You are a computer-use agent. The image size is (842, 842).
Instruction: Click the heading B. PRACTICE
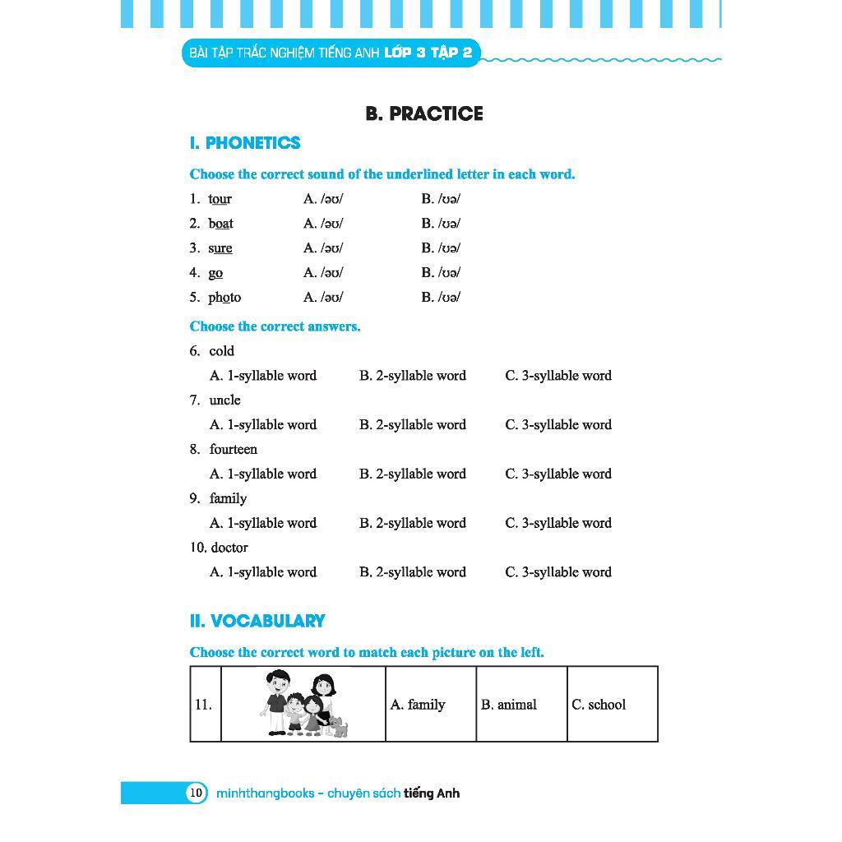[x=423, y=113]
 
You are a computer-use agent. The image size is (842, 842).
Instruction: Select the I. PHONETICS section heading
[x=245, y=143]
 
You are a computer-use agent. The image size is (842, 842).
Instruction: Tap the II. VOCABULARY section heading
[x=257, y=621]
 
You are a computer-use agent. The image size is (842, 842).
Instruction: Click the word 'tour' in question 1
[x=220, y=199]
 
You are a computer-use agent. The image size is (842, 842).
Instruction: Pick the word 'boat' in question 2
[x=220, y=224]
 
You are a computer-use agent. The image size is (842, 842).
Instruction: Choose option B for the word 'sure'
[x=441, y=248]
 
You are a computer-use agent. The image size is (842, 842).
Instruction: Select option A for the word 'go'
[x=323, y=273]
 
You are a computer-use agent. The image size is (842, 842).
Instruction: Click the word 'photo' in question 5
[x=224, y=298]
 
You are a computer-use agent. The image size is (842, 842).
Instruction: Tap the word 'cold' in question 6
[x=222, y=351]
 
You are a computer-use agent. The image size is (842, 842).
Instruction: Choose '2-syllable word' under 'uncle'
[x=412, y=425]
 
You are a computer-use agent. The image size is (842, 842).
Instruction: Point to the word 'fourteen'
[x=234, y=450]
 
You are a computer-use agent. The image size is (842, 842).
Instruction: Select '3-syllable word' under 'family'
[x=558, y=523]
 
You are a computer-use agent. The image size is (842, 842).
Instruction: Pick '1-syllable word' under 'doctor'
[x=263, y=572]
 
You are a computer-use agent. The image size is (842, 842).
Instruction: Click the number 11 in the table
[x=203, y=705]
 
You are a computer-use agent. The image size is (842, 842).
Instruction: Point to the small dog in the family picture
[x=338, y=726]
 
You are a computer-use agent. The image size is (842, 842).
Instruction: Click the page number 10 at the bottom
[x=196, y=793]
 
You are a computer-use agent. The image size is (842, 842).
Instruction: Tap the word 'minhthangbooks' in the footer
[x=265, y=793]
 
